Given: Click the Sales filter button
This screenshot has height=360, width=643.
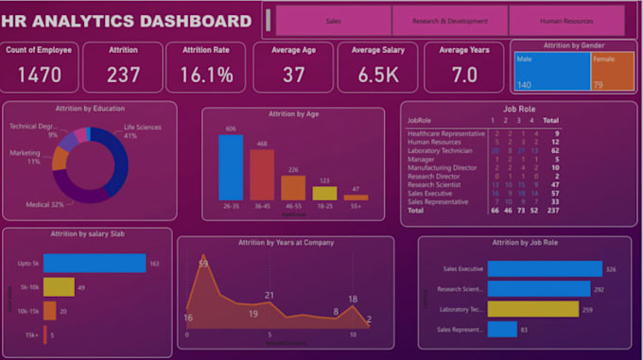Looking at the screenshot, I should coord(333,20).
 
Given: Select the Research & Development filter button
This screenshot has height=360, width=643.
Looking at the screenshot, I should coord(450,20).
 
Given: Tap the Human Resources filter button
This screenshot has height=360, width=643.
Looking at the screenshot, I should coord(566,20).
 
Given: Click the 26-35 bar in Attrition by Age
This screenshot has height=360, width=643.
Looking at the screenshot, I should coord(231,167).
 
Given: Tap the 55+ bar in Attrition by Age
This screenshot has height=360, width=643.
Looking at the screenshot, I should coord(356,197).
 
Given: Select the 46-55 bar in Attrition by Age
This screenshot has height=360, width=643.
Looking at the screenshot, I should coord(293,188).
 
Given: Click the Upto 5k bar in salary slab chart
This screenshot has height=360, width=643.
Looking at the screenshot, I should coord(94,264).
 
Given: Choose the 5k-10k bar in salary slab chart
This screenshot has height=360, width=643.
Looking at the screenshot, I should coord(59,286).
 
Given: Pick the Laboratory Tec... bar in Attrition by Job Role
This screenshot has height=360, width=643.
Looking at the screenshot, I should coord(534,309).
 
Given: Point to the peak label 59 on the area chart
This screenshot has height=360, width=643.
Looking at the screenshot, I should coord(202,263).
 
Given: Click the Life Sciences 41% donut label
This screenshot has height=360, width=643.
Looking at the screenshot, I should coord(143,131).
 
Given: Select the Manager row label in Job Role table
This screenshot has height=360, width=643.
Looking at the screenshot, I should coord(422,161).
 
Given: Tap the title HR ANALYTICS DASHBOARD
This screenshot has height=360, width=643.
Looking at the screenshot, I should coord(128,21).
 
